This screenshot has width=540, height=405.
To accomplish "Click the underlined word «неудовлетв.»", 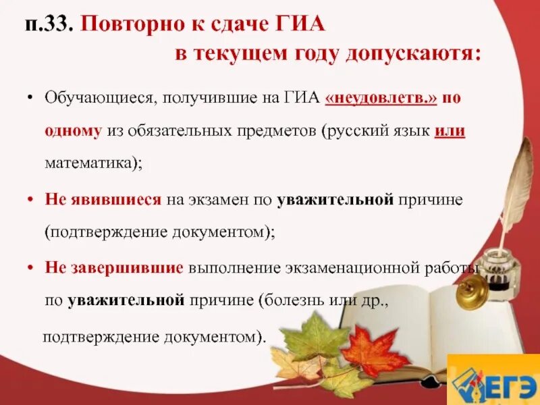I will click(381, 99).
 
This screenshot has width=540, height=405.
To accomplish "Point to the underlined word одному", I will click(73, 132).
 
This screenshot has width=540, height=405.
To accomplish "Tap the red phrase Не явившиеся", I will click(103, 200).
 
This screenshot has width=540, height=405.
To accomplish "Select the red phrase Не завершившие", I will click(114, 267).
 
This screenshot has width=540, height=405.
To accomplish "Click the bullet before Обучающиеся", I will click(30, 99).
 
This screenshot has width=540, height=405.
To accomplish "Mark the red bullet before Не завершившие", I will click(30, 267).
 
